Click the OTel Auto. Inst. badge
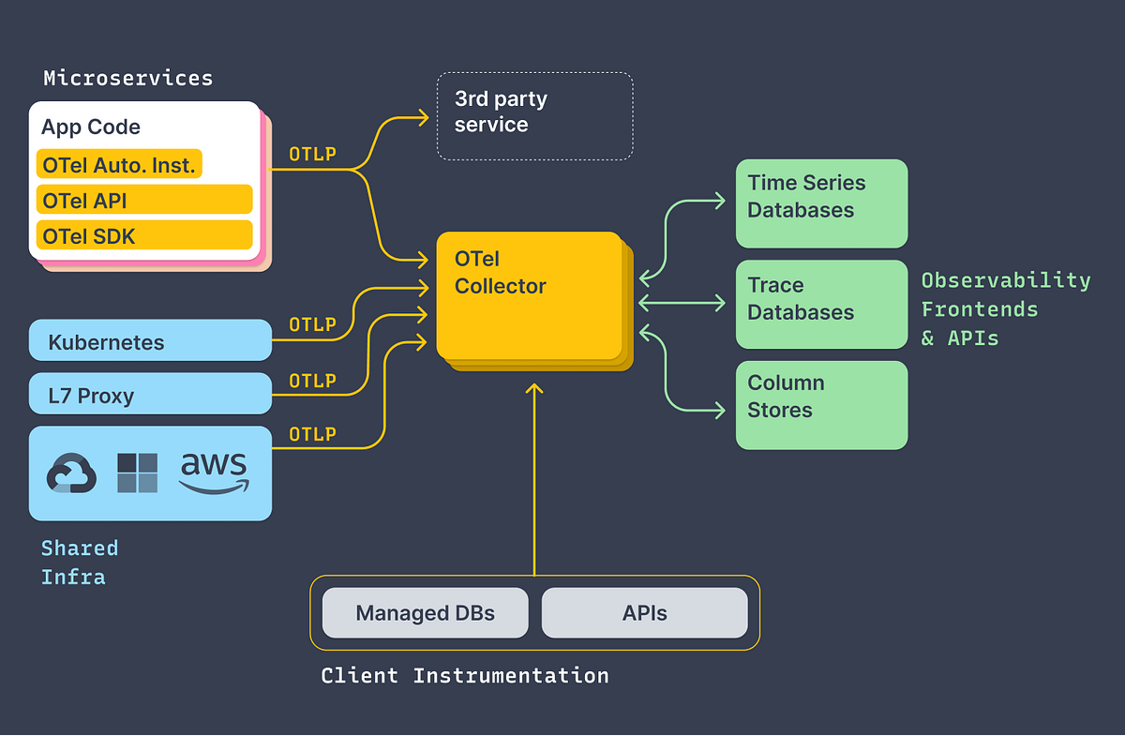[x=119, y=165]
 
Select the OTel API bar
[x=144, y=200]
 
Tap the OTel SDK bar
[x=144, y=235]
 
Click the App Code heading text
[x=91, y=128]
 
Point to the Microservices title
[x=127, y=78]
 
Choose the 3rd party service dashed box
[x=534, y=115]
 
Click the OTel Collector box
[x=529, y=295]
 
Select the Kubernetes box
[x=150, y=341]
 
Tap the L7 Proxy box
[x=150, y=395]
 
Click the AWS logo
[x=214, y=472]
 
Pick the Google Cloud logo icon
[x=71, y=473]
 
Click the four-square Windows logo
[x=137, y=473]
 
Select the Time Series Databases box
[x=821, y=203]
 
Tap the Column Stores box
[x=821, y=404]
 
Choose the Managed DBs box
[x=425, y=613]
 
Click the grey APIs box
[x=644, y=613]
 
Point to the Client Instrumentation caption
[x=464, y=675]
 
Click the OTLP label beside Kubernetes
[x=312, y=324]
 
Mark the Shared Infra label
[x=80, y=562]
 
